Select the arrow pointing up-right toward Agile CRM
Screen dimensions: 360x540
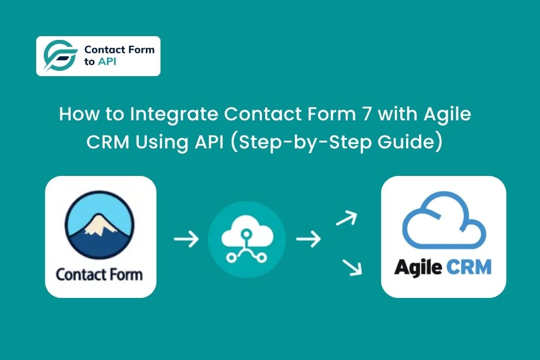pyautogui.click(x=346, y=218)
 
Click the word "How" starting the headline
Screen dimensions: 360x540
pyautogui.click(x=75, y=115)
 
